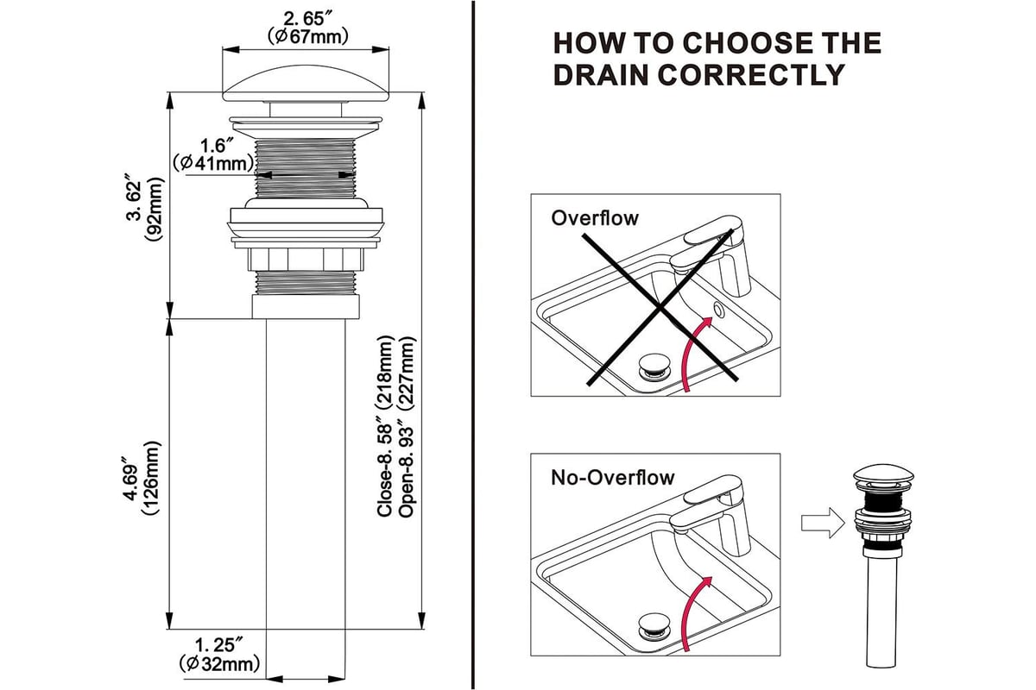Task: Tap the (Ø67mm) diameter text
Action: (306, 36)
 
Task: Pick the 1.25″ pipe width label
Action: (219, 645)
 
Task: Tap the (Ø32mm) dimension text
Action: (219, 664)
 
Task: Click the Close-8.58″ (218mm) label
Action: (386, 427)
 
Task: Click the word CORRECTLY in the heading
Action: (698, 74)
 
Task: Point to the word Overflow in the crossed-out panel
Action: (595, 217)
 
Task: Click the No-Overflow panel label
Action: (613, 477)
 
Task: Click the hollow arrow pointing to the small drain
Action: (819, 523)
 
